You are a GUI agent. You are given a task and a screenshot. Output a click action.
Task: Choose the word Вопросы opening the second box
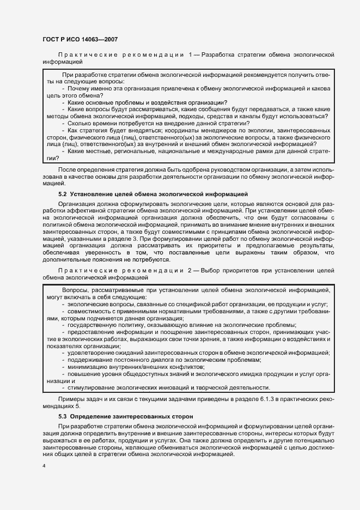click(77, 290)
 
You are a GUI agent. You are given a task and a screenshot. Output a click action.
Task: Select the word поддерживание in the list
click(89, 360)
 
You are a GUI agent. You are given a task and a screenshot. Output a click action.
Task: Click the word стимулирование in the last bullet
click(90, 387)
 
